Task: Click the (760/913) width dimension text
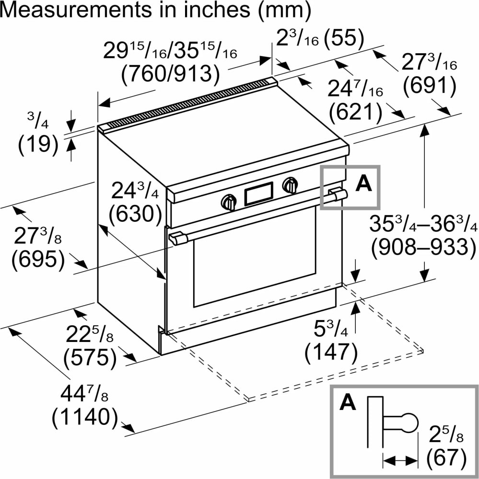click(x=171, y=74)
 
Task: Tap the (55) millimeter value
click(x=344, y=39)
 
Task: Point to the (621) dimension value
click(x=356, y=112)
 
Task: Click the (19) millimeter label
click(x=38, y=144)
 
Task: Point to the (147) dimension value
click(x=331, y=352)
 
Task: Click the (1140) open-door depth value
click(x=85, y=417)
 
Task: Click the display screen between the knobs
click(x=259, y=194)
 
